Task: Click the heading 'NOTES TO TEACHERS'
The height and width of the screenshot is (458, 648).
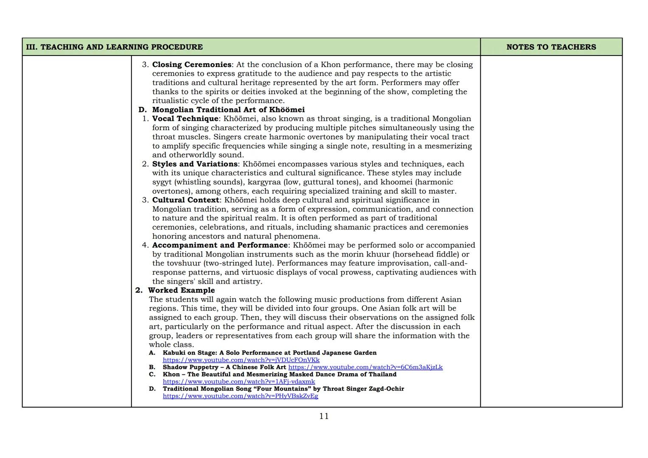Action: tap(551, 47)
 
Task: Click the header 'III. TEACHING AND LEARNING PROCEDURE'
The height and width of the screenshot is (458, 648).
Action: tap(114, 47)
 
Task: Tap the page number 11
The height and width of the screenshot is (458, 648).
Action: tap(324, 416)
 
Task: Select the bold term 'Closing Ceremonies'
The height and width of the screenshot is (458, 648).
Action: tap(192, 64)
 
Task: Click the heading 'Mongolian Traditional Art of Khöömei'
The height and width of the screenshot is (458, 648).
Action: tap(228, 109)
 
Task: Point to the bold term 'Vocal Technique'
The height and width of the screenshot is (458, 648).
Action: tap(185, 119)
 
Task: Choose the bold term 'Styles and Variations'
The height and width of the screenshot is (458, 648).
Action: tap(195, 164)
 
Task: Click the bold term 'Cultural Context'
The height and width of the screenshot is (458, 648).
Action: tap(185, 200)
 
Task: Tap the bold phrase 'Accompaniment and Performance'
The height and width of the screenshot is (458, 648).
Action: tap(220, 245)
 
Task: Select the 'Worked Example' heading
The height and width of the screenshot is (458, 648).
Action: tap(181, 290)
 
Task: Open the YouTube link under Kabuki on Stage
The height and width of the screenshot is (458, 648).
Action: tap(241, 360)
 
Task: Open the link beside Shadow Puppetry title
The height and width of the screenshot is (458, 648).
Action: tap(365, 367)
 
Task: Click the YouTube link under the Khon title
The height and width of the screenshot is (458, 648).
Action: tap(239, 382)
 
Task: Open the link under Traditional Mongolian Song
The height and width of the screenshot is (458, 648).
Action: tap(240, 396)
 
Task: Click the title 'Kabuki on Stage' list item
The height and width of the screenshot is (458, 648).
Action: tap(269, 353)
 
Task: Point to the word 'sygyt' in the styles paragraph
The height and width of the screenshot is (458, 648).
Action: tap(162, 182)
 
